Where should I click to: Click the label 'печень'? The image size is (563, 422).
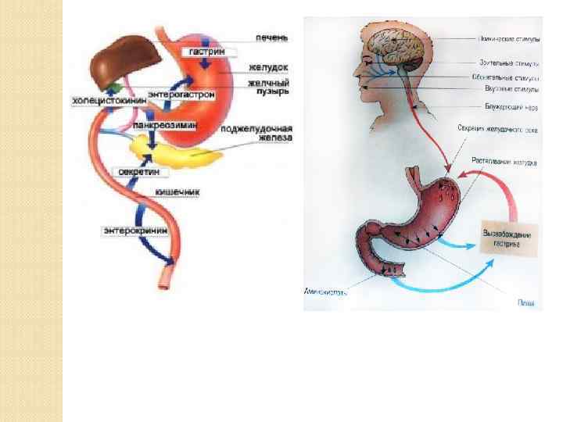click(x=272, y=37)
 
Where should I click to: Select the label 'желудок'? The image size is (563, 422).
click(x=270, y=68)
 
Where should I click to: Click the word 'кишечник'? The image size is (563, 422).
click(x=178, y=191)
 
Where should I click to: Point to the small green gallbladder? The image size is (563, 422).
click(x=116, y=84)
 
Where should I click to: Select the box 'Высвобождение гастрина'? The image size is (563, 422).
click(x=506, y=238)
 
